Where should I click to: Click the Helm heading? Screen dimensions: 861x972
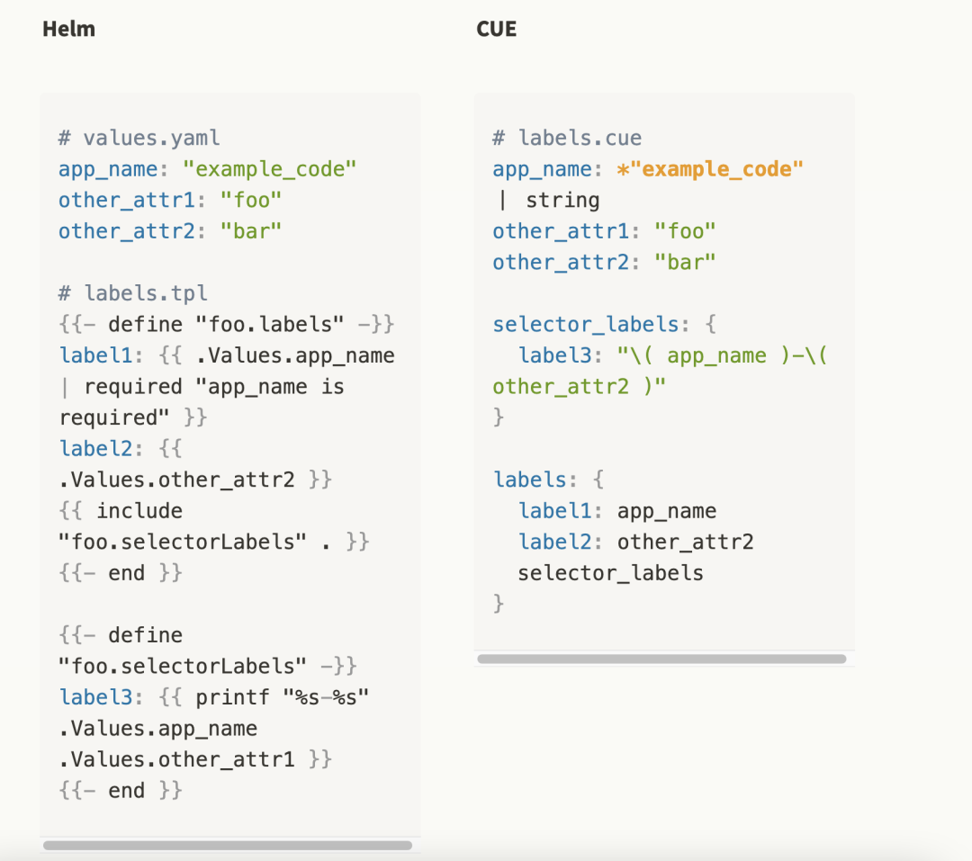tap(68, 30)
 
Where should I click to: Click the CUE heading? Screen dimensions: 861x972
tap(496, 30)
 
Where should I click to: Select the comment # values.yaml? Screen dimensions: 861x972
tap(139, 138)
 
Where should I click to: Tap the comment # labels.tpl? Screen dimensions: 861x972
tap(133, 293)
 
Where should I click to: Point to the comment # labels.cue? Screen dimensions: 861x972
tap(567, 138)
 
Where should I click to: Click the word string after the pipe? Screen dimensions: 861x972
tap(562, 200)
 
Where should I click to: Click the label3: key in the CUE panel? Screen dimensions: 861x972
tap(559, 355)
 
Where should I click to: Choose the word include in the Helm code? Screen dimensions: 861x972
tap(139, 511)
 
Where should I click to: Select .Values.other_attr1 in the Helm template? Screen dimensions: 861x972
tap(177, 759)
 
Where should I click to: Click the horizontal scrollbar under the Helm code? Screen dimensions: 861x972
tap(228, 846)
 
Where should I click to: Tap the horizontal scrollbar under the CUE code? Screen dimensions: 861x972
tap(661, 659)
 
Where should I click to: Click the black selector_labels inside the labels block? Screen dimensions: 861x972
tap(610, 573)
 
